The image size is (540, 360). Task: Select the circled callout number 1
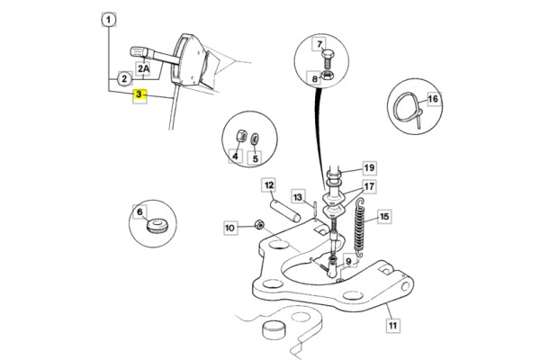pos(109,20)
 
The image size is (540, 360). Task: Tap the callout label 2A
pos(144,69)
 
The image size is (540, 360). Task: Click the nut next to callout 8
pos(326,75)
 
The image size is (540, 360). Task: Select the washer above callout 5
pos(256,139)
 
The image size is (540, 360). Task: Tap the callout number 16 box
pos(434,99)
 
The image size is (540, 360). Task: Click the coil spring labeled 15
pos(359,228)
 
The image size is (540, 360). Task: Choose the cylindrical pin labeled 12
pos(285,211)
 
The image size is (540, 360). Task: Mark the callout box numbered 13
pos(298,197)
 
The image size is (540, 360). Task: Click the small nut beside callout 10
pos(259,225)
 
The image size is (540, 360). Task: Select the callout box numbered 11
pos(393,325)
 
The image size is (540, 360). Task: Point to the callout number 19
pos(369,168)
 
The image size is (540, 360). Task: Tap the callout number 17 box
pos(369,186)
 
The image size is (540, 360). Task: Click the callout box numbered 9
pos(348,262)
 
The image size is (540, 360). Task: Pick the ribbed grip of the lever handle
pos(139,52)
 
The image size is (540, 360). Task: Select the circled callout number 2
pos(124,79)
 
